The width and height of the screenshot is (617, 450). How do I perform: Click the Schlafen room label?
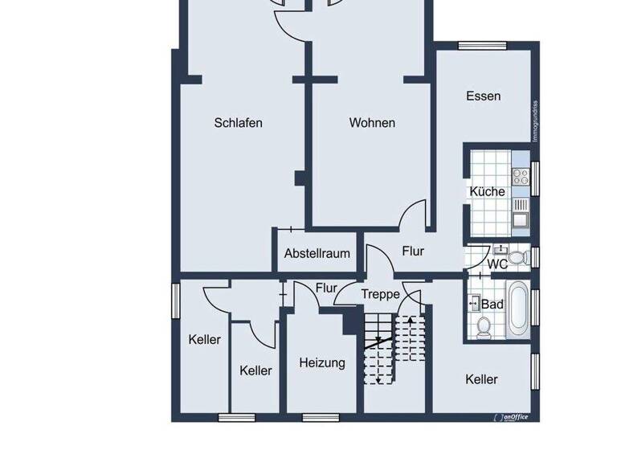(239, 123)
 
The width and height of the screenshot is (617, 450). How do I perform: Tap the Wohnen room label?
(372, 123)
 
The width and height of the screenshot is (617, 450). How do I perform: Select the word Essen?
(483, 96)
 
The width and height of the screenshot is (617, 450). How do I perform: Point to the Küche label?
(487, 191)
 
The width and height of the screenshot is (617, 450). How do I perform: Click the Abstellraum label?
(317, 253)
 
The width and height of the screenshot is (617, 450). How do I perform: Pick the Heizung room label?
(322, 362)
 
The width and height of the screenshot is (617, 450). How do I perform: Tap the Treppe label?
(380, 295)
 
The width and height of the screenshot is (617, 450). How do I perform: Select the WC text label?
(497, 264)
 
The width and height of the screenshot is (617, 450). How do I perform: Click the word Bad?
(492, 305)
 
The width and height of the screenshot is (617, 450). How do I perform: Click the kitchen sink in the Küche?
(520, 216)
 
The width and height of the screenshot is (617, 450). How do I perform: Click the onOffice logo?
(513, 417)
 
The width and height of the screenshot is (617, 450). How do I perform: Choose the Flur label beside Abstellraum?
(413, 252)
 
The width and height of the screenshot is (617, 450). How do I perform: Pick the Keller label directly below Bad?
(481, 379)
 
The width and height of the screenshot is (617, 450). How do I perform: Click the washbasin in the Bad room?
(474, 303)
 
